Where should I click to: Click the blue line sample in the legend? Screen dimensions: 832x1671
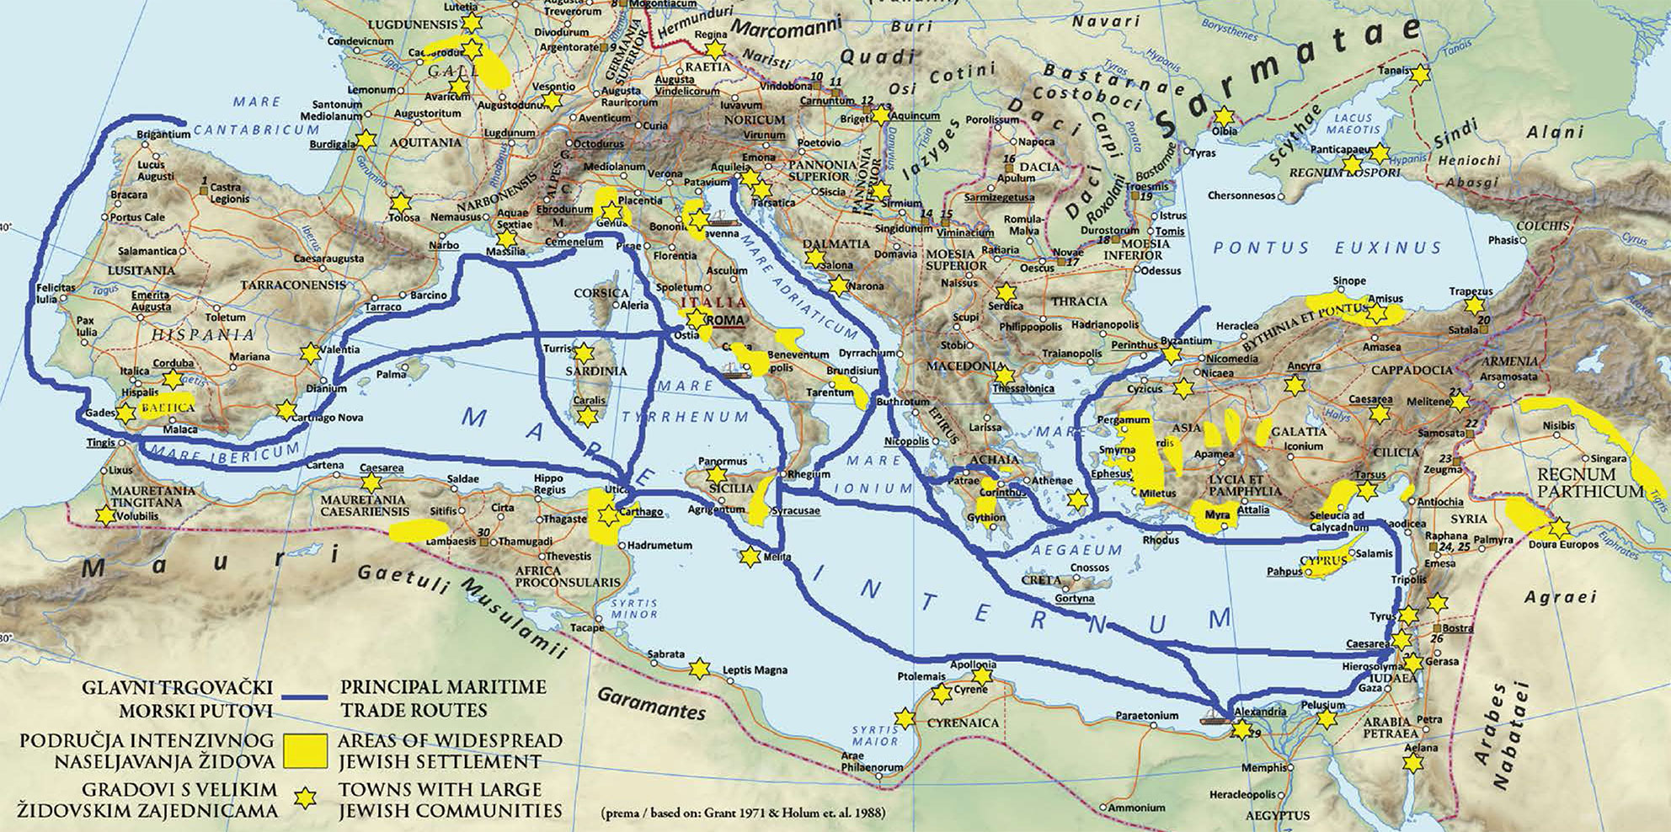pos(305,698)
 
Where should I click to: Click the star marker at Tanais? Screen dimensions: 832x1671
pos(1420,74)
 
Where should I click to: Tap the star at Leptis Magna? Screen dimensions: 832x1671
pos(697,669)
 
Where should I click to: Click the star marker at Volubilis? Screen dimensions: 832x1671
pos(104,515)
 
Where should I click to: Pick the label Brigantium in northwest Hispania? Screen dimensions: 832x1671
pos(163,134)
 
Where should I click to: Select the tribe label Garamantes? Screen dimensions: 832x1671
pos(651,704)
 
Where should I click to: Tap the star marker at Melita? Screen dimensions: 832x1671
pos(748,557)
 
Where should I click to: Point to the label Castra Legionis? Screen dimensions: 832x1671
pos(229,193)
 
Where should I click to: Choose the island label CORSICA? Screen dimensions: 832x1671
pos(601,293)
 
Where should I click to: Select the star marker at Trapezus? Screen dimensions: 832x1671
pos(1471,306)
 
